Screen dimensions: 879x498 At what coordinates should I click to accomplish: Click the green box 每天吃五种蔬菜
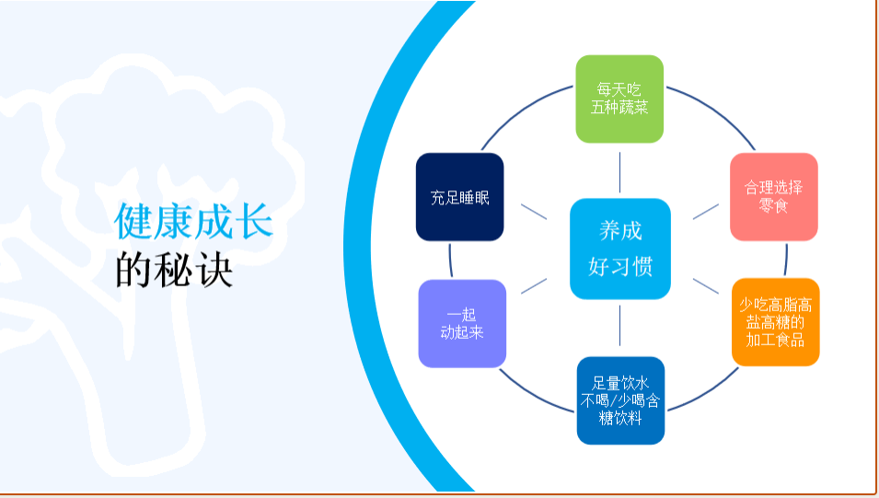tap(619, 99)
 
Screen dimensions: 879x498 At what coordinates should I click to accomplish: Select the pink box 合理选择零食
tap(773, 197)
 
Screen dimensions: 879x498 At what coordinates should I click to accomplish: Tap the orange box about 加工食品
tap(775, 321)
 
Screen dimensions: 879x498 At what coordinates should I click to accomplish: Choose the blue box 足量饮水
tap(620, 400)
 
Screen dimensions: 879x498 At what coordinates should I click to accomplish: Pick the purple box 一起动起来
tap(462, 323)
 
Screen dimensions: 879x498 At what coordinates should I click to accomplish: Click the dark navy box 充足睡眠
tap(459, 197)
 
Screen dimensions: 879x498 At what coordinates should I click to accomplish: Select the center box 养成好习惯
tap(620, 249)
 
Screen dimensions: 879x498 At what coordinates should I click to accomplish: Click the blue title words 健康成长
tap(193, 221)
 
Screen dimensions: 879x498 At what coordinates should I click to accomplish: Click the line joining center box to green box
tap(620, 171)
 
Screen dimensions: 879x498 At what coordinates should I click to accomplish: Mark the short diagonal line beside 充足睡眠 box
tap(534, 211)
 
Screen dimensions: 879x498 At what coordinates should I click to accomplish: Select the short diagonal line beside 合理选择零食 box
tap(706, 211)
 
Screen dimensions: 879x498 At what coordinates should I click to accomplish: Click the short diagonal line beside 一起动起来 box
tap(534, 285)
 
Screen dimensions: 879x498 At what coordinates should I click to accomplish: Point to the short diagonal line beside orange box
tap(706, 285)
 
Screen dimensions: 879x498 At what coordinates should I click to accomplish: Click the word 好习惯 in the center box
tap(620, 267)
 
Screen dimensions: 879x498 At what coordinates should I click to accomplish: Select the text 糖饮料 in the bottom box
tap(620, 419)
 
